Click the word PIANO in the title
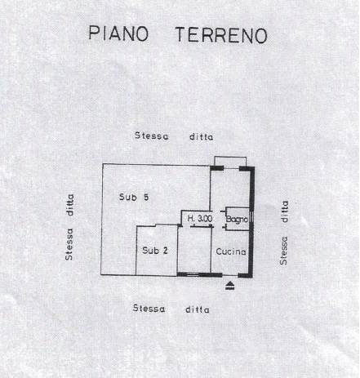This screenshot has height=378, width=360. point(118,33)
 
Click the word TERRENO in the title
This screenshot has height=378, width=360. point(221,35)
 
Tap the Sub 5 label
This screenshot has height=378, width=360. point(134,197)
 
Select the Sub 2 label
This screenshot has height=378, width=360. point(155,251)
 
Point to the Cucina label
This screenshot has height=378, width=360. point(231,251)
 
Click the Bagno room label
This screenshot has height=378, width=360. point(237,219)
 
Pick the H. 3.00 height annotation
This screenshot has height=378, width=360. point(200,218)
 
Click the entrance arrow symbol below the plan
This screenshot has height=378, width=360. point(230,286)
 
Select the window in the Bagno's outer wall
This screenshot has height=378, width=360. point(251,217)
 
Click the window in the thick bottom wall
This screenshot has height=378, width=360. point(193,274)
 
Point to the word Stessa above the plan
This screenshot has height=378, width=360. point(152,136)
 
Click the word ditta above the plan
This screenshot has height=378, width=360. point(202,136)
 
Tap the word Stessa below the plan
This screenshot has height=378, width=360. point(149,309)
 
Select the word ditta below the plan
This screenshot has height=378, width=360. point(198,309)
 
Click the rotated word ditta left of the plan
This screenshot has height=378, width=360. point(70,205)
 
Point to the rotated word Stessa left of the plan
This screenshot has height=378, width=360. point(69,244)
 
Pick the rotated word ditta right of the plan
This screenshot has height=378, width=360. point(285,211)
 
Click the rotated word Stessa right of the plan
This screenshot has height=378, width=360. point(284,251)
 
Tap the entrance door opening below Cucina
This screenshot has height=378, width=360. point(230,275)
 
